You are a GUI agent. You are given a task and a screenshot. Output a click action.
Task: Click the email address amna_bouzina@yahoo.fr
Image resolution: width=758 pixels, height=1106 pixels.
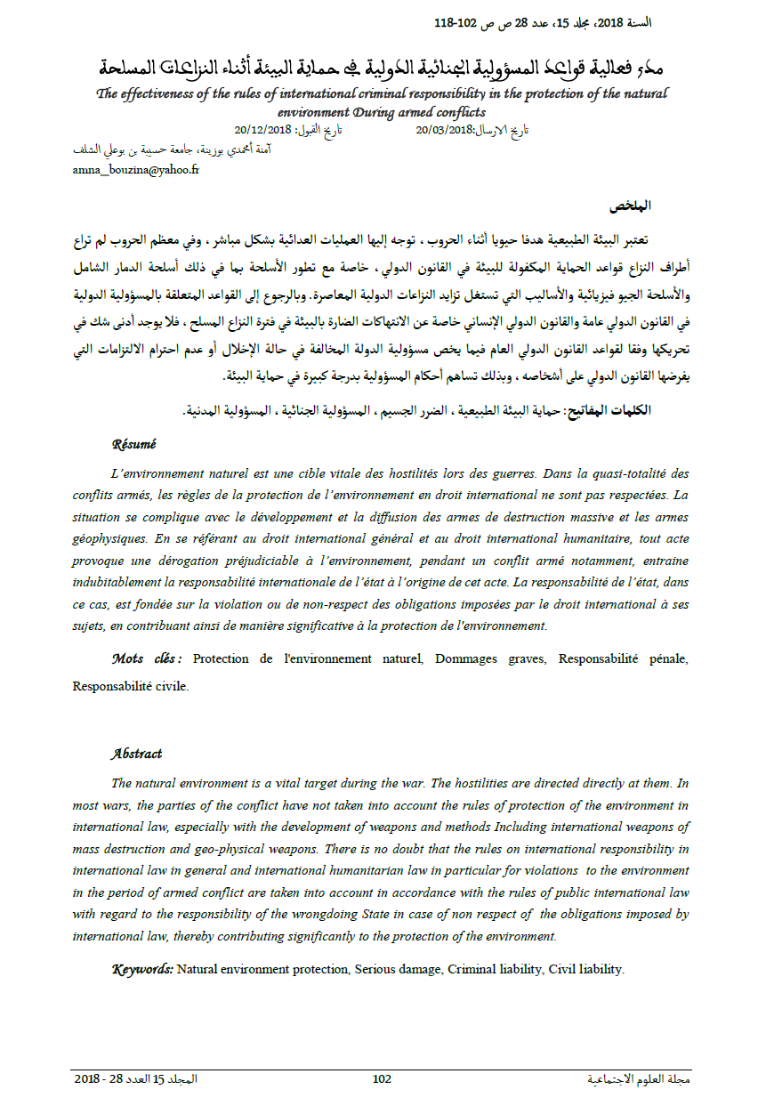click(136, 170)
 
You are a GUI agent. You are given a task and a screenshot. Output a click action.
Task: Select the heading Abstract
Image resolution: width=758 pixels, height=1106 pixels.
click(136, 754)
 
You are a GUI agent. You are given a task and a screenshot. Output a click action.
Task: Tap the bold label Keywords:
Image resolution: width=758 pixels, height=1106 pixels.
click(142, 968)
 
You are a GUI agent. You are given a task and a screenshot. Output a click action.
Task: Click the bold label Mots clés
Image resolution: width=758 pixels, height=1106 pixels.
click(146, 658)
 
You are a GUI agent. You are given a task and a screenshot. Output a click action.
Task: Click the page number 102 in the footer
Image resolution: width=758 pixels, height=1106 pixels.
click(382, 1079)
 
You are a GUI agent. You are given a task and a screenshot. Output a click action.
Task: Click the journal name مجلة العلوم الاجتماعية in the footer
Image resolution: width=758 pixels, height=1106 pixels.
click(639, 1079)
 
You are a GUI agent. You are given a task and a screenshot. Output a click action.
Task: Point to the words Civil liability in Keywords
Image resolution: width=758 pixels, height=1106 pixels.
click(586, 968)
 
